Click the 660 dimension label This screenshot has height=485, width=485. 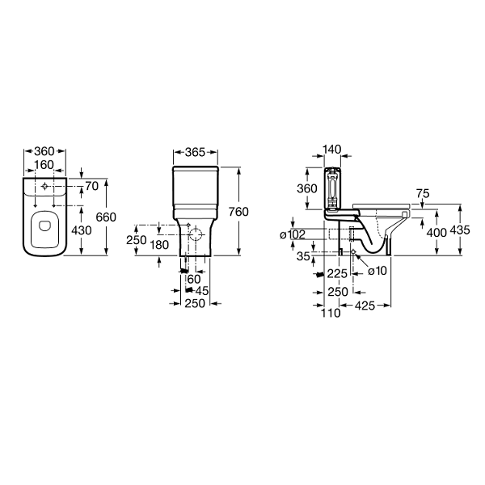[106, 217]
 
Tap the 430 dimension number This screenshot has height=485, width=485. [82, 230]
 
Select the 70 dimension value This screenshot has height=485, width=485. [92, 186]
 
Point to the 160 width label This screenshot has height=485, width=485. [44, 165]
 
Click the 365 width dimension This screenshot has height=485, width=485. [195, 152]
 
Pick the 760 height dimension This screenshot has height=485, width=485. [238, 212]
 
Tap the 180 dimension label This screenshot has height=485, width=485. [159, 245]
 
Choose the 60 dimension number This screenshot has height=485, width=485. [194, 279]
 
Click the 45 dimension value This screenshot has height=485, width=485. [202, 291]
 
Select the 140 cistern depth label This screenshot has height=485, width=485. [331, 149]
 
